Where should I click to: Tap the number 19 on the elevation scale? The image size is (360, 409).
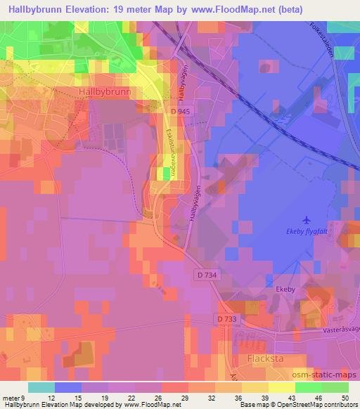[107, 398]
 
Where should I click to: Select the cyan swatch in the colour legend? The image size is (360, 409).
[41, 387]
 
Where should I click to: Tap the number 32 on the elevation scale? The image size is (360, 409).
[212, 398]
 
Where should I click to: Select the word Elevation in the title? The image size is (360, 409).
[86, 9]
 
